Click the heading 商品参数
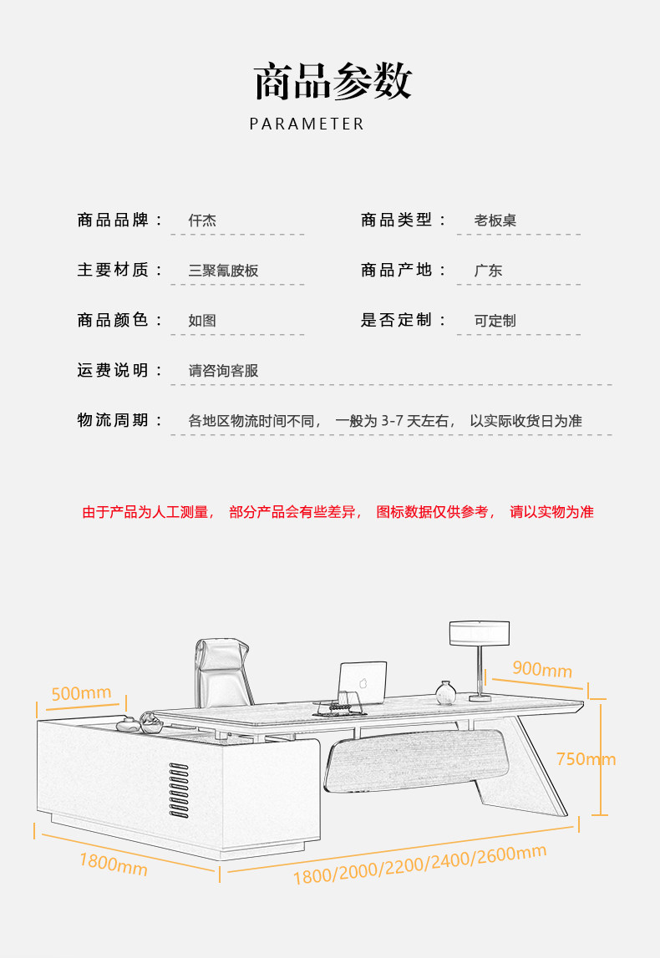(332, 82)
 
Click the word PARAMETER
(307, 124)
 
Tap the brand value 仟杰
(202, 221)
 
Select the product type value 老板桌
(495, 221)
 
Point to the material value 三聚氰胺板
(223, 271)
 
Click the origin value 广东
(488, 271)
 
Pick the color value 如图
(202, 321)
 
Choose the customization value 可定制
(495, 321)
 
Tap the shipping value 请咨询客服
(223, 371)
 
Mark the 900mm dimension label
(542, 670)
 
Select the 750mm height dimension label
(586, 759)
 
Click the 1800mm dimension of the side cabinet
(114, 864)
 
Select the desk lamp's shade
(480, 633)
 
